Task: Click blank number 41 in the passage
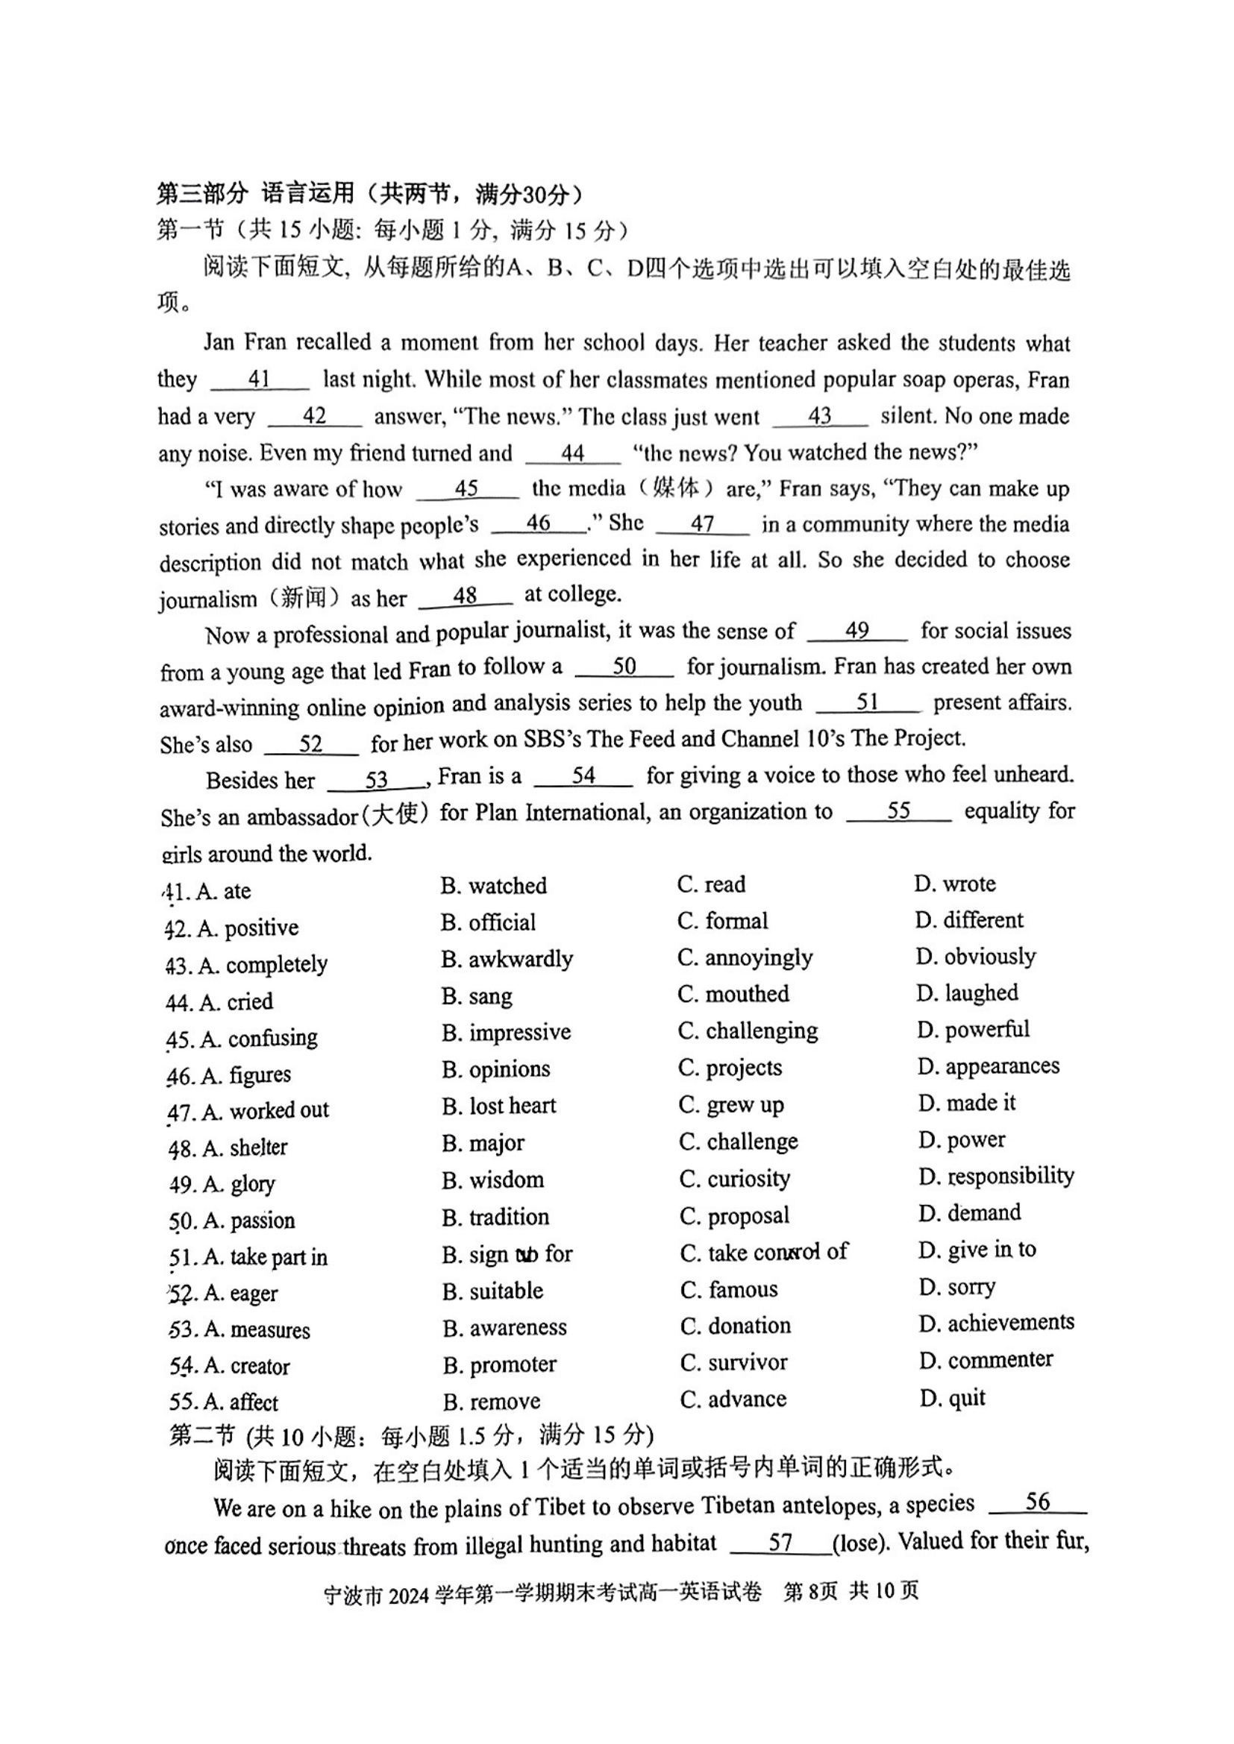point(259,379)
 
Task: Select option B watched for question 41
point(493,886)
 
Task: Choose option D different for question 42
point(969,921)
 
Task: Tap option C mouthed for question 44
point(733,995)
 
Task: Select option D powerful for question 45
point(973,1030)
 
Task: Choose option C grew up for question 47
point(731,1105)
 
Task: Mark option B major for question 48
point(483,1142)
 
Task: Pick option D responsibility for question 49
point(996,1177)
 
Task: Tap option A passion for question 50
point(248,1221)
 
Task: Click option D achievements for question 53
point(996,1323)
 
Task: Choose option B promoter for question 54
point(499,1364)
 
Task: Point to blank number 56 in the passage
point(1037,1502)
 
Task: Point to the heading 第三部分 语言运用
point(255,194)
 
